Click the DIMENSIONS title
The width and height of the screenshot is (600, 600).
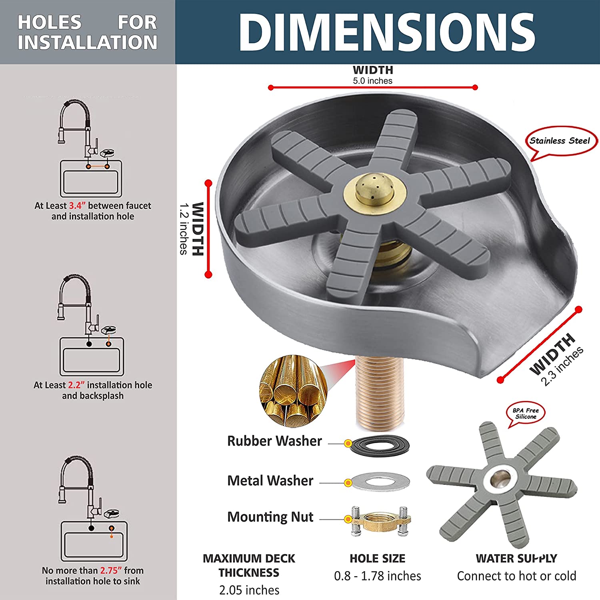(x=387, y=32)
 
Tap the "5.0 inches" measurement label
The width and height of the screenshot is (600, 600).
(x=372, y=81)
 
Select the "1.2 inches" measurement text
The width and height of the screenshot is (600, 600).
(x=184, y=229)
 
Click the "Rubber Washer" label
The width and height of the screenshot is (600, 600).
(x=274, y=441)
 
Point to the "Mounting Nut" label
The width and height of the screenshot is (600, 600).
(x=270, y=517)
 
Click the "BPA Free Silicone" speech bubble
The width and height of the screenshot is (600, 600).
(x=526, y=414)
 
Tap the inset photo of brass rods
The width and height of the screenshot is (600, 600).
(x=293, y=390)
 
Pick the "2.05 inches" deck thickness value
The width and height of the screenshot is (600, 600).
(x=249, y=590)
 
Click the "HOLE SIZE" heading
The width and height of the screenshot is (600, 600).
(x=377, y=558)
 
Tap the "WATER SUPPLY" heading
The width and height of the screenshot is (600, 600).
(x=516, y=558)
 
